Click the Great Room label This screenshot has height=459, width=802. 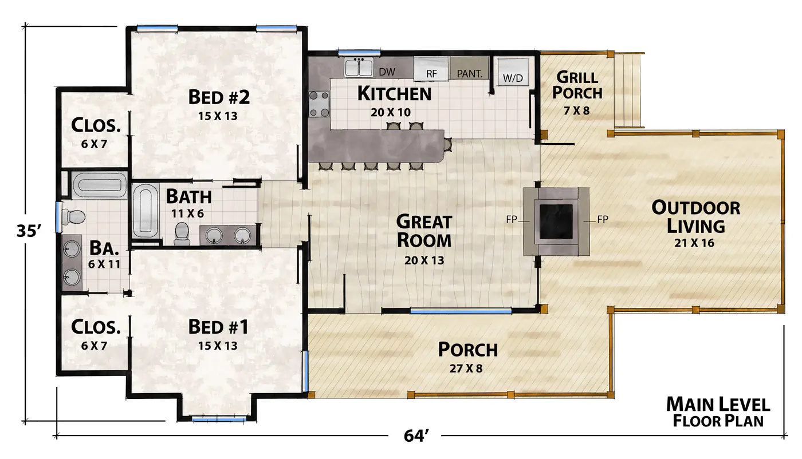(424, 231)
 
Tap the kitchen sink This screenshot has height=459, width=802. (359, 68)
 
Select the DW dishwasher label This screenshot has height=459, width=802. (387, 72)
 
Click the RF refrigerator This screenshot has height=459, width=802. (431, 69)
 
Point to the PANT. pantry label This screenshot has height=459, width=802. (470, 74)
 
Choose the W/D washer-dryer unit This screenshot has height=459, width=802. (513, 72)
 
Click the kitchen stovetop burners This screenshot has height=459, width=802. (319, 104)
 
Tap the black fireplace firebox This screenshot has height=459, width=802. (556, 221)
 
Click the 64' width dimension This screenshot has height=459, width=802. (416, 436)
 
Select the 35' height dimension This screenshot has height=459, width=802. (29, 231)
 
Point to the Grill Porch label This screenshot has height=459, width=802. (577, 85)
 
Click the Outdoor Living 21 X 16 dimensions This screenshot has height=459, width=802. (694, 243)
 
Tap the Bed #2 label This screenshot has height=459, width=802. (219, 97)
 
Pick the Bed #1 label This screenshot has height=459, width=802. (218, 327)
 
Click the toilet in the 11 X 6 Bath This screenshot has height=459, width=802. (182, 234)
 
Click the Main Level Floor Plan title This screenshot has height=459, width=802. (718, 412)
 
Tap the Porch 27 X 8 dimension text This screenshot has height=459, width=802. (466, 368)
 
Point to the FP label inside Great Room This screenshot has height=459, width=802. (512, 219)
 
